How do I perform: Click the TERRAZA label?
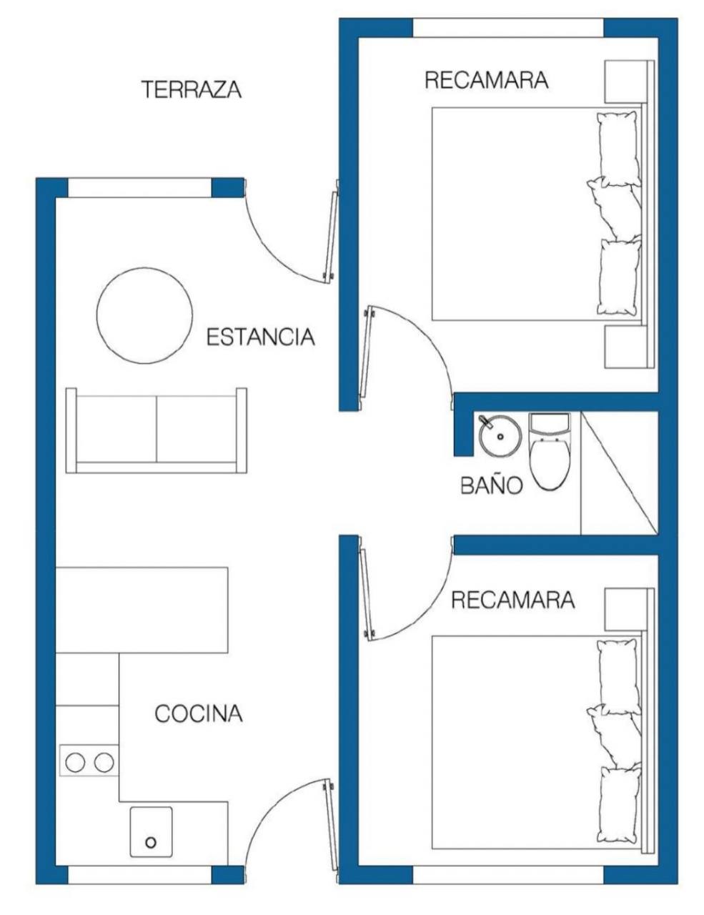point(192,89)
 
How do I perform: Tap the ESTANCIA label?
point(260,337)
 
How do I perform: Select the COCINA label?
point(199,713)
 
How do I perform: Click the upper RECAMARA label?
point(487,80)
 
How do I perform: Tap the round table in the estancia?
point(145,315)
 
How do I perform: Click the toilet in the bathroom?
point(550,451)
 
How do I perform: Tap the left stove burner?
point(75,762)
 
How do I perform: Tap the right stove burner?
point(104,762)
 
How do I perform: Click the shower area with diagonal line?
point(619,473)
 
